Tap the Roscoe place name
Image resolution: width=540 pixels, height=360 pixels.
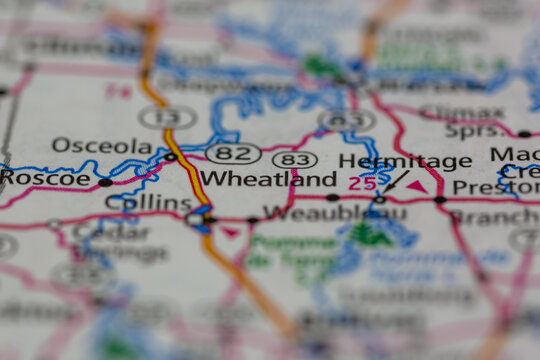tap(45, 178)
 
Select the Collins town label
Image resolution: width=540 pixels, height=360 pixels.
tap(148, 203)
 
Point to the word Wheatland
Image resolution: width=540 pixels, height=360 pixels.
tap(268, 179)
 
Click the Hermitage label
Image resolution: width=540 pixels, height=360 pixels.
tap(405, 161)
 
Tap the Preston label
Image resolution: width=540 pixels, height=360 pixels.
tap(495, 187)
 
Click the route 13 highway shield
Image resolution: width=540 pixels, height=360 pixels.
tap(167, 117)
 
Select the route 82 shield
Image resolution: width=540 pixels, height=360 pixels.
tap(233, 153)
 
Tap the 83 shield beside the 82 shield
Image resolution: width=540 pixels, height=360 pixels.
tap(294, 160)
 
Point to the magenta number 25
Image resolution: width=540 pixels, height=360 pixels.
tap(363, 184)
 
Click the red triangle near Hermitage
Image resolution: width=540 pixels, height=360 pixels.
tap(416, 186)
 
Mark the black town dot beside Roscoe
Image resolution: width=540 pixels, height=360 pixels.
tap(105, 182)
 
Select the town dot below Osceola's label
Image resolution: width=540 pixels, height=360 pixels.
tap(170, 157)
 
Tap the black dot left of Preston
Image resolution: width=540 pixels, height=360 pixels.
tap(440, 200)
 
